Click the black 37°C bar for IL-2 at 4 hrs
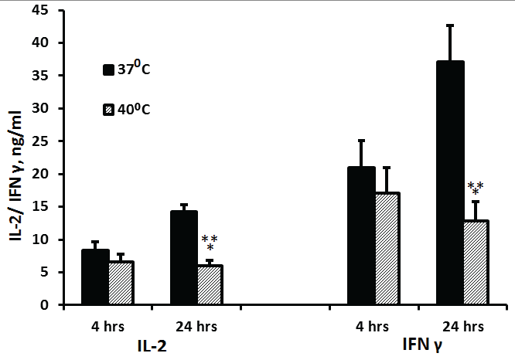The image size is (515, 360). [x=95, y=277]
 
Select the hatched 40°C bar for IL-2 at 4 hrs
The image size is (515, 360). [x=121, y=284]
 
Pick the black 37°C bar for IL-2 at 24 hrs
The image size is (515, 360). [x=185, y=258]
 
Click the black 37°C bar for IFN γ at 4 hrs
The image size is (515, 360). [x=361, y=236]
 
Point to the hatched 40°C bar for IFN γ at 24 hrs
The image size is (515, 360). [x=476, y=263]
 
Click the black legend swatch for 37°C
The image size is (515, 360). [x=109, y=70]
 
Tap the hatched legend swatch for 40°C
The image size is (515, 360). [x=109, y=110]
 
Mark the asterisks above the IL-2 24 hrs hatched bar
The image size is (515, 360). [x=210, y=242]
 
